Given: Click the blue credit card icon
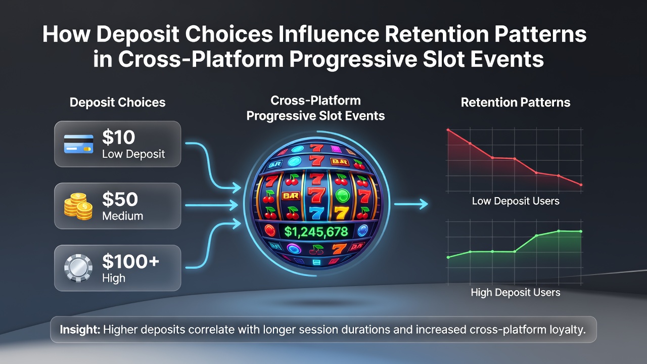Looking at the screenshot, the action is pyautogui.click(x=78, y=144).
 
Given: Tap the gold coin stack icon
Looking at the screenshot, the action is pyautogui.click(x=78, y=206).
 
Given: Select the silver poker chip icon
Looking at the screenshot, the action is pyautogui.click(x=78, y=268).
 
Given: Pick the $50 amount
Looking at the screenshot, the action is pyautogui.click(x=120, y=199).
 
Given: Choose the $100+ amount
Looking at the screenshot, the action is pyautogui.click(x=130, y=261).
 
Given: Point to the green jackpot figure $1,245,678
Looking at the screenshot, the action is pyautogui.click(x=316, y=232).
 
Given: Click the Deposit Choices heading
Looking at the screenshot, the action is pyautogui.click(x=118, y=103).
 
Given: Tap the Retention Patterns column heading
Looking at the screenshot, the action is pyautogui.click(x=516, y=103).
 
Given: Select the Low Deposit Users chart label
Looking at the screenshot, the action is pyautogui.click(x=516, y=201).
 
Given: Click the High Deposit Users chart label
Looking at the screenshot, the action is pyautogui.click(x=516, y=292).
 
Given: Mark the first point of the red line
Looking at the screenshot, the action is pyautogui.click(x=448, y=130).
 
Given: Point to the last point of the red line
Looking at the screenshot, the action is pyautogui.click(x=581, y=185).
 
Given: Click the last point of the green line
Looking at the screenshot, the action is pyautogui.click(x=581, y=232).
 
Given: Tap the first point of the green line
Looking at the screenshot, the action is pyautogui.click(x=448, y=257).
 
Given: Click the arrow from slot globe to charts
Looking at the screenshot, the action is pyautogui.click(x=411, y=204).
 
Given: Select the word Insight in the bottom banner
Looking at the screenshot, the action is pyautogui.click(x=80, y=330).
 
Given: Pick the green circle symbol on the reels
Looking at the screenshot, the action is pyautogui.click(x=343, y=196).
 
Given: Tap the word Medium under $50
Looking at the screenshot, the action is pyautogui.click(x=123, y=216).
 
